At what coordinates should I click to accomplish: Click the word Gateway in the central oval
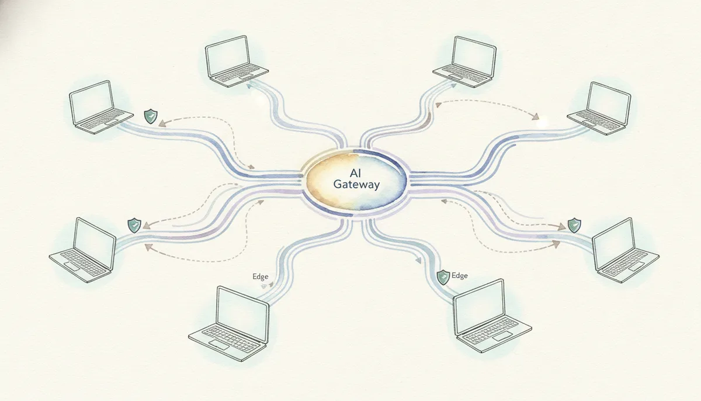(x=356, y=184)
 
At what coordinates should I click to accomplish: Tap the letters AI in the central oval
(x=356, y=172)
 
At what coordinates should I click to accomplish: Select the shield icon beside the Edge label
(x=443, y=277)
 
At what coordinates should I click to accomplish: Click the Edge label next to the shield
(x=460, y=275)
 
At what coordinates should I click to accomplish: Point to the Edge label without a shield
(x=261, y=276)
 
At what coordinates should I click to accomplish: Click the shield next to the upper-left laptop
(x=151, y=116)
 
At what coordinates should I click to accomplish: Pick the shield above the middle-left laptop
(x=134, y=226)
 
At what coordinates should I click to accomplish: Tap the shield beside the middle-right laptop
(x=574, y=225)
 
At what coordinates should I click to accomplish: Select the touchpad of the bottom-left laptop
(x=218, y=345)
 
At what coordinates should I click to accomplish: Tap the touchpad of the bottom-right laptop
(x=504, y=336)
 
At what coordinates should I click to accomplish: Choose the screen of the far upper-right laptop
(x=609, y=101)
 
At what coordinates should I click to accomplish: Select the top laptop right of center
(x=464, y=61)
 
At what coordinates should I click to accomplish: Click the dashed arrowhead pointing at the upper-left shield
(x=162, y=124)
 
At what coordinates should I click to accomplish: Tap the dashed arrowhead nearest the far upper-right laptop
(x=536, y=117)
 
